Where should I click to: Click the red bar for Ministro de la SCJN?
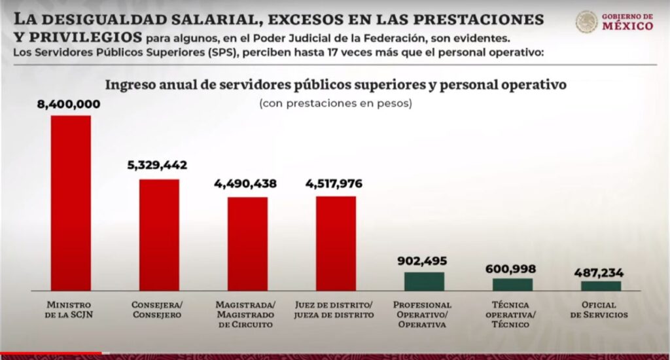coord(71,203)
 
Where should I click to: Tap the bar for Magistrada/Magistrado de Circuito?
coord(247,243)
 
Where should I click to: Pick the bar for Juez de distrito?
coord(336,243)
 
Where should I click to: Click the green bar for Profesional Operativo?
coord(424,281)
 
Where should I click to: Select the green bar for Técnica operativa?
coord(512,284)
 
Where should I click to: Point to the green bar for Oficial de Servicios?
coord(601,285)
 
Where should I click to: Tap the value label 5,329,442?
coord(157,166)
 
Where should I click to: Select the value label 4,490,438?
coord(245,184)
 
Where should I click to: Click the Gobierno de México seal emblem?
coord(586,22)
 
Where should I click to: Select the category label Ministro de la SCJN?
coord(69,310)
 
